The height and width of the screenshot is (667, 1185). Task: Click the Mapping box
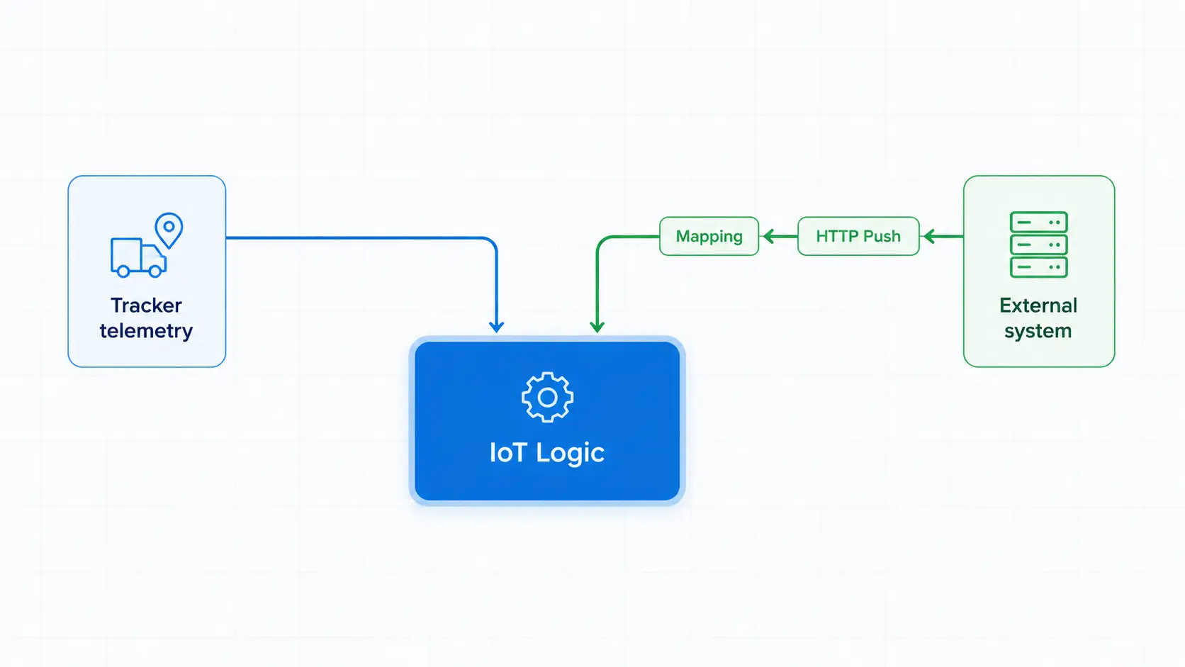709,236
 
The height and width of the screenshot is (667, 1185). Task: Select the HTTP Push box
858,236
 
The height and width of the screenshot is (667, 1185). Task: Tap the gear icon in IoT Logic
547,397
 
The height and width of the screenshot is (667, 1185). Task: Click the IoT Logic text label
547,453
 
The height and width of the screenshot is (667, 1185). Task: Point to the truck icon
139,257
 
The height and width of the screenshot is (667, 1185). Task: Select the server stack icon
1038,245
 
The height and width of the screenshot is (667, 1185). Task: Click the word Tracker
147,306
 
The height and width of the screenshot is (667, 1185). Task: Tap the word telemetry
147,331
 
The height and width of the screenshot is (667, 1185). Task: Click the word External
1038,306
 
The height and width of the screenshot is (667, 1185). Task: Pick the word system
1038,332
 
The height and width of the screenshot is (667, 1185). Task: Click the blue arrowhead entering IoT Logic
496,326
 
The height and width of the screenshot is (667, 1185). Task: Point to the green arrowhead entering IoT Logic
597,326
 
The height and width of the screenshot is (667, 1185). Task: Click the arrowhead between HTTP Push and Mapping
770,236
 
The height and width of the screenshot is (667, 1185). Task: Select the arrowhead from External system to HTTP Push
929,236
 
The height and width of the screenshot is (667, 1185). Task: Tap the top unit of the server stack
1038,222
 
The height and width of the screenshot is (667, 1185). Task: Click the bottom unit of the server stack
1038,267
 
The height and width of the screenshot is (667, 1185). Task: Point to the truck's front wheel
155,271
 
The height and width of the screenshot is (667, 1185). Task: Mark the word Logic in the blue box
571,454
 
